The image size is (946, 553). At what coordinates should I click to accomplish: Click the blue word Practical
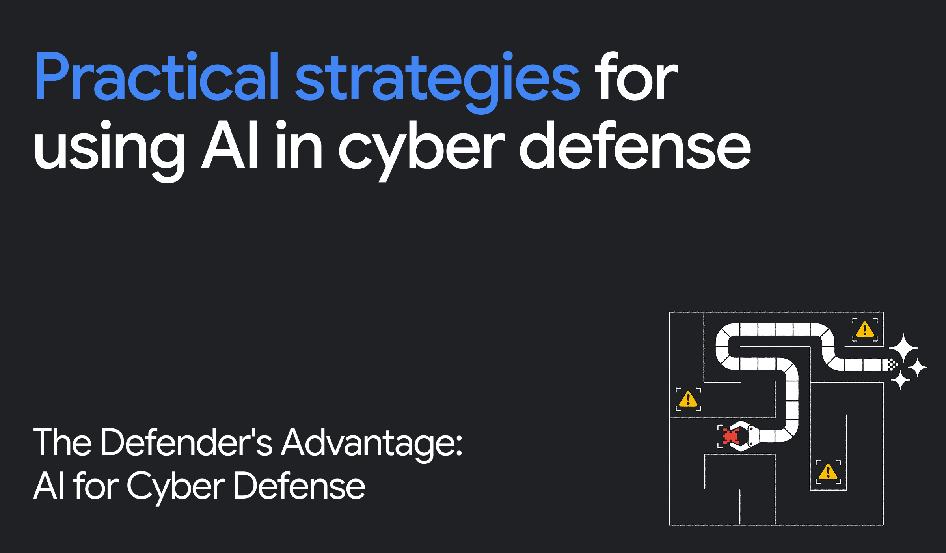click(x=157, y=77)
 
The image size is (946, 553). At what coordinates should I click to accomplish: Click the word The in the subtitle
click(x=62, y=443)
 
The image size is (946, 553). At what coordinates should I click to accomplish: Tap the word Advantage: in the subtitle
click(x=372, y=444)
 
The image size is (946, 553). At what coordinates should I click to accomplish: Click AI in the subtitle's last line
click(x=48, y=486)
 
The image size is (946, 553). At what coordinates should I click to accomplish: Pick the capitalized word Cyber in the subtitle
click(x=176, y=487)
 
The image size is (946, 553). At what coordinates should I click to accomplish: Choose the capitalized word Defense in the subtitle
click(x=299, y=486)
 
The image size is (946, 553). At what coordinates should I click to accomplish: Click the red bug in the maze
click(x=730, y=436)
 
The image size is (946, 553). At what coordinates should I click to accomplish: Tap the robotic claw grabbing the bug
click(x=746, y=436)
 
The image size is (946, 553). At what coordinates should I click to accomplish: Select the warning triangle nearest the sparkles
click(x=865, y=329)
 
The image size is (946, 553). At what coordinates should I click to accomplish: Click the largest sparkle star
click(x=903, y=348)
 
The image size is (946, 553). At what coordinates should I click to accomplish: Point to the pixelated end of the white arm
click(x=892, y=364)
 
